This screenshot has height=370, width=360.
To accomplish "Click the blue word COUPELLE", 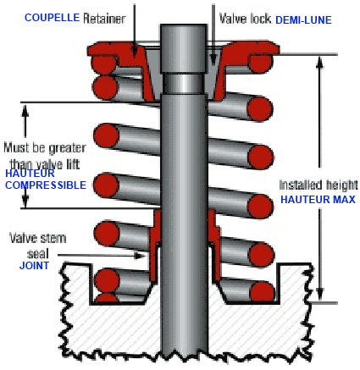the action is click(52, 18).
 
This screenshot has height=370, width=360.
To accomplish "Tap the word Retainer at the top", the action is click(104, 19).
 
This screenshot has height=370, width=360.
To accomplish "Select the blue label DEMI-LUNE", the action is click(303, 20).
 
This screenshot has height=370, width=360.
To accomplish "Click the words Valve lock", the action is click(245, 19).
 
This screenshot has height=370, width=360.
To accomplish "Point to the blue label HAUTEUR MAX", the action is click(318, 200).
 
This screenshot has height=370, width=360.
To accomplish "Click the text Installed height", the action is click(318, 185).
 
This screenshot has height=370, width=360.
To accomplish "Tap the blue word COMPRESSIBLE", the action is click(46, 185).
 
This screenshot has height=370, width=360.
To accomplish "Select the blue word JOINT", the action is click(34, 266).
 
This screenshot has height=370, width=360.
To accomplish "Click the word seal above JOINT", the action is click(38, 253).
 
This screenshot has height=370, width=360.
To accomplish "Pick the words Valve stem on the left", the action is click(38, 238).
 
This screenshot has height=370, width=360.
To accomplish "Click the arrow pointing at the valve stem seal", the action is click(102, 256).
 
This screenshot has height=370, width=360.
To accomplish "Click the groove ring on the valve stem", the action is click(184, 84).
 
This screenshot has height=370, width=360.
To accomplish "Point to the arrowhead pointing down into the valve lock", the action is click(213, 60).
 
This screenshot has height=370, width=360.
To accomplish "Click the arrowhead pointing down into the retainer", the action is click(135, 52).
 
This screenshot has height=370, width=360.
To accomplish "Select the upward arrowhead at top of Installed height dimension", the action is click(319, 63).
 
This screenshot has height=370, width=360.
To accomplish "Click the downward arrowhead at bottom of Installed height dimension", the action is click(319, 295).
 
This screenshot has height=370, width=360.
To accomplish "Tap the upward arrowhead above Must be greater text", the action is click(25, 111).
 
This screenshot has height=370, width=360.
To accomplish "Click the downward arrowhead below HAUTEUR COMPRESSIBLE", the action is click(25, 202).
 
